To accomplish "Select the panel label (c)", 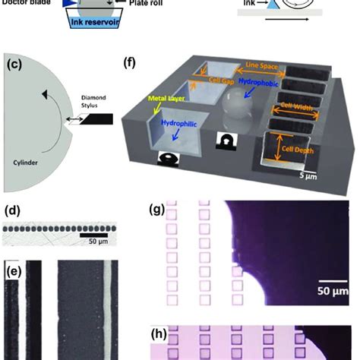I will [14, 64].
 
